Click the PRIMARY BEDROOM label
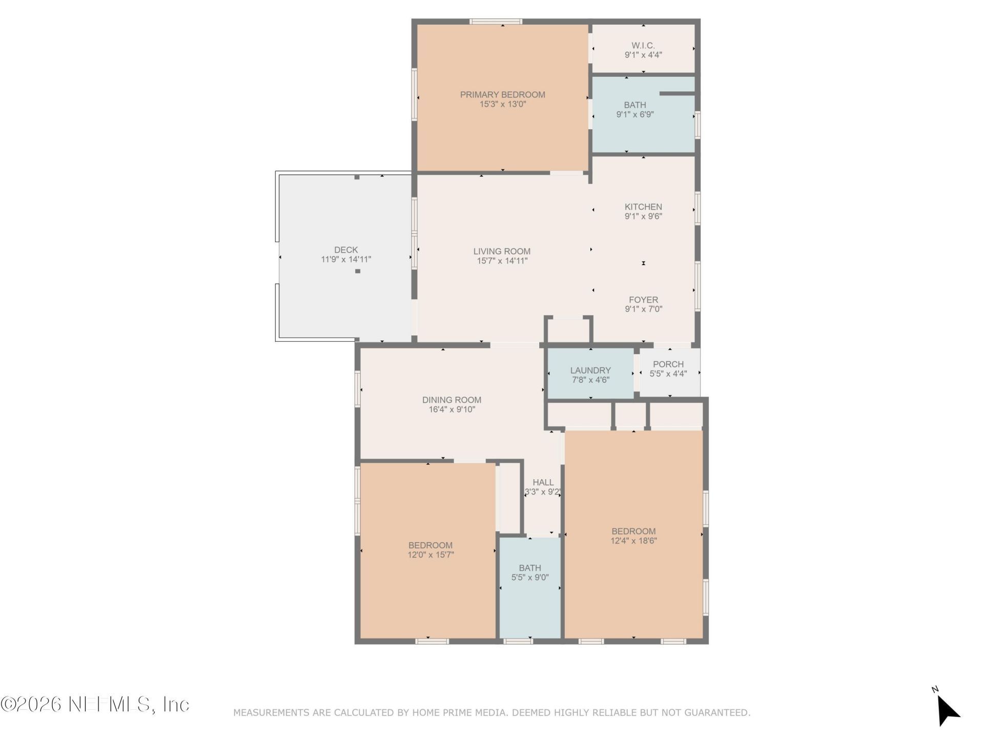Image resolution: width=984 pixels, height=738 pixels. click(502, 95)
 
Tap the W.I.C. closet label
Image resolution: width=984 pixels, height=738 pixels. click(643, 46)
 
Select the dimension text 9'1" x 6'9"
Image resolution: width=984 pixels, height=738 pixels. click(635, 115)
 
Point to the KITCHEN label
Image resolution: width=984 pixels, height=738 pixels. click(643, 207)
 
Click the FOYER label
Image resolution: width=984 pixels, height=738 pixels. click(644, 300)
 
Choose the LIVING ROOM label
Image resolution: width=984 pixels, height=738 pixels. click(502, 251)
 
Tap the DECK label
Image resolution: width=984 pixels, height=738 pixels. click(346, 250)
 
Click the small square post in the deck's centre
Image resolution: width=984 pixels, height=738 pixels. click(358, 271)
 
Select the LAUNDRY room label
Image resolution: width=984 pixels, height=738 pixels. click(590, 370)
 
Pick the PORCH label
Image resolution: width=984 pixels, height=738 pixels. click(668, 364)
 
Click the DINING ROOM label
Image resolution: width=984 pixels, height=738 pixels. click(452, 400)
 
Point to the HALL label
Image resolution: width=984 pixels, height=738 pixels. click(543, 482)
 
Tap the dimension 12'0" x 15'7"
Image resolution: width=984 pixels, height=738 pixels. click(430, 555)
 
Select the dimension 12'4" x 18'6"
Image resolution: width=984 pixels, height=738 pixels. click(633, 541)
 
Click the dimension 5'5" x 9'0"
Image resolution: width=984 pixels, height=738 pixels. click(530, 578)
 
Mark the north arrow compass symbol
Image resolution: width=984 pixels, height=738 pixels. click(947, 708)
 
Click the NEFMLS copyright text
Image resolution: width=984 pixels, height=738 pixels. click(95, 704)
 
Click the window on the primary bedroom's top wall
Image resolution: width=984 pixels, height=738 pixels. click(496, 22)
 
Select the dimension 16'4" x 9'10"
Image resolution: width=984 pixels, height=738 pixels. click(452, 409)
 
